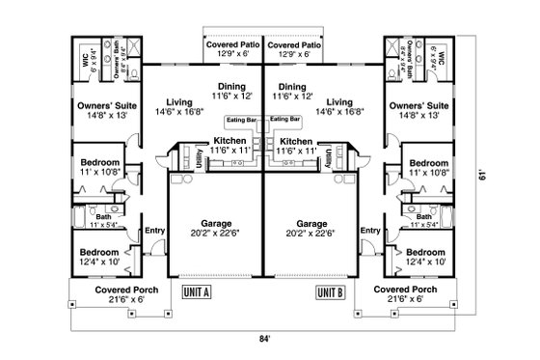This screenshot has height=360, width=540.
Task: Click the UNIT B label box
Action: coord(331,291)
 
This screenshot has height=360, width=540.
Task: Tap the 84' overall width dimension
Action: coord(265,339)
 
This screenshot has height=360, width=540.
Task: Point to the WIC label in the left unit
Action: coord(84,58)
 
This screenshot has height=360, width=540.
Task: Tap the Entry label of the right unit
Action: coord(368,230)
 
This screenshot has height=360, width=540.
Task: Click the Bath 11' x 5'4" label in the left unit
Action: coord(103,221)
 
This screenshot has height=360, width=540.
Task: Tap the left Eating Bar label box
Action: coord(240,119)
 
